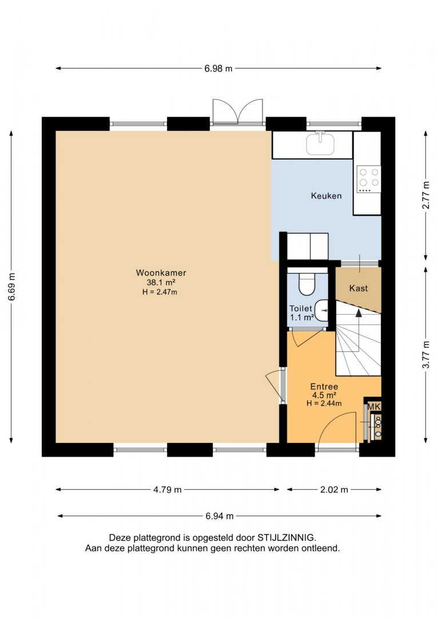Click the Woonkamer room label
coord(161,272)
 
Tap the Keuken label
coord(326,196)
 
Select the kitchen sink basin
coord(320,144)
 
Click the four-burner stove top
coord(369,179)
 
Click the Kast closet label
coord(358,288)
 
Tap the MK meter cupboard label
coord(374,406)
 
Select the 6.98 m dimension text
coord(218,69)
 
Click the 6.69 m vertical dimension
coord(12,287)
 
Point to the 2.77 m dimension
coord(425,196)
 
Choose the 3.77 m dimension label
coord(425,354)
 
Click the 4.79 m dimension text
coord(167,489)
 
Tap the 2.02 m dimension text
coord(334,489)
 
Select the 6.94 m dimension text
coord(219,516)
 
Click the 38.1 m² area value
coord(161,282)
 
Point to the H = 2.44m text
coord(324,403)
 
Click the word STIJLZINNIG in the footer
coord(287,537)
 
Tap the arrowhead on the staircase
coord(359,312)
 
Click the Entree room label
coord(324,387)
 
